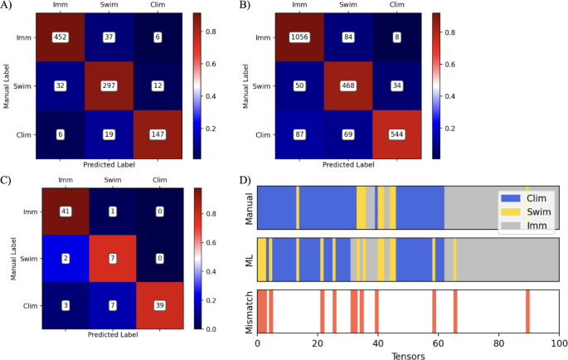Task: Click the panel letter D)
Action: point(245,180)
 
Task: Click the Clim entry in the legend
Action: point(537,199)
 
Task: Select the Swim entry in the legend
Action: point(538,212)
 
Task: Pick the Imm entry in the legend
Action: point(537,226)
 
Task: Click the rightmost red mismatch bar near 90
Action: point(527,309)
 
